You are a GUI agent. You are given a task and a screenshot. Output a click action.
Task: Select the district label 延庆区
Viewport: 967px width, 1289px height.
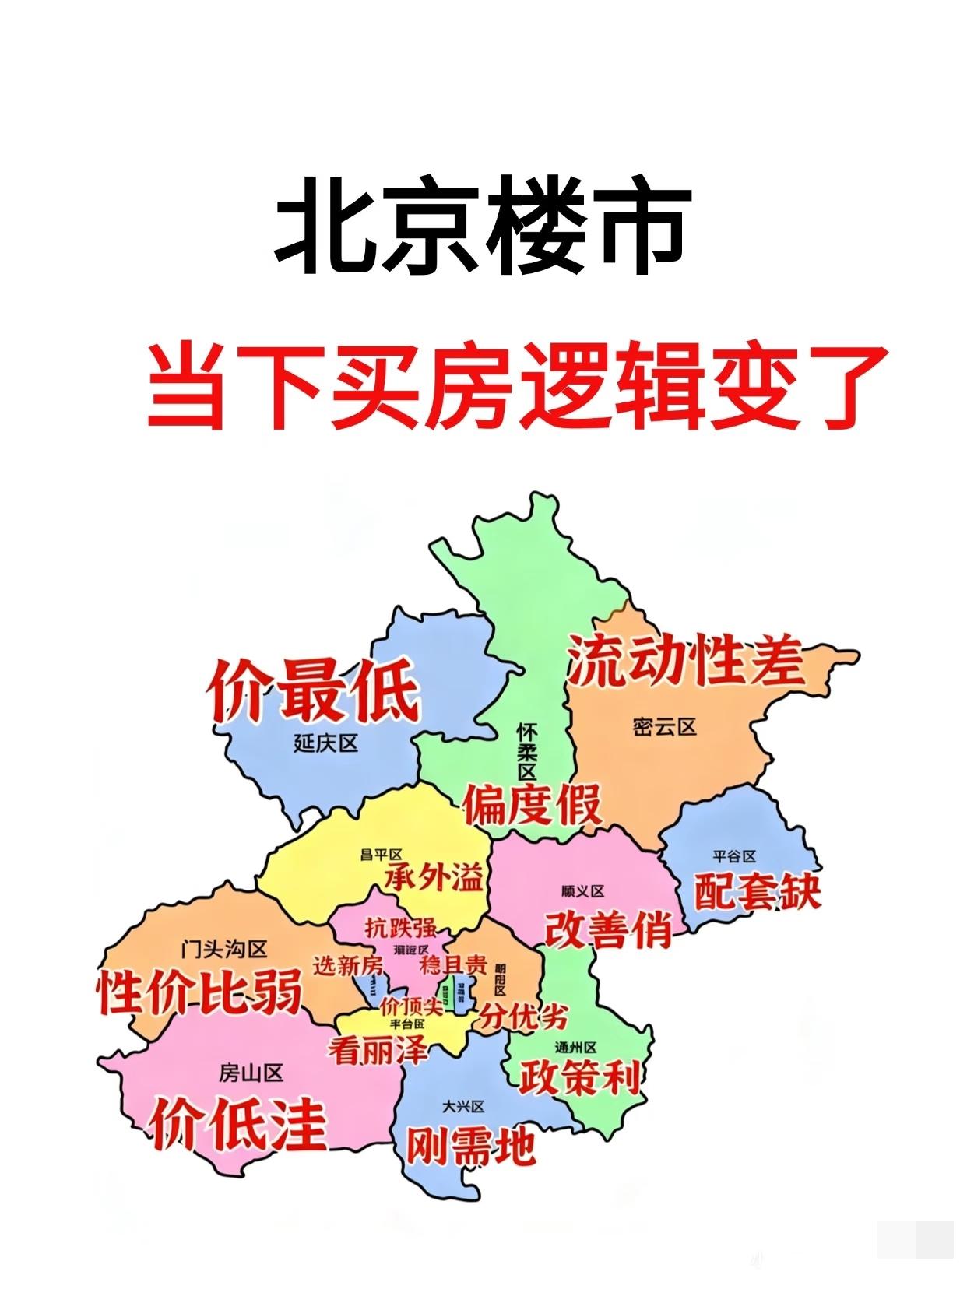point(326,743)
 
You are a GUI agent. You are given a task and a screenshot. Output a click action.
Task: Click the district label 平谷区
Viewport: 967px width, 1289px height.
point(734,856)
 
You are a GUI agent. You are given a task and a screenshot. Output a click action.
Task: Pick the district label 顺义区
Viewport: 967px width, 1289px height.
point(582,891)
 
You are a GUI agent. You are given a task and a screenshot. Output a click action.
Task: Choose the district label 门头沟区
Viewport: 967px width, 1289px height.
point(223,949)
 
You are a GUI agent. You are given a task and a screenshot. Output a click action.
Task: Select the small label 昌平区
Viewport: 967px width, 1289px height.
point(380,855)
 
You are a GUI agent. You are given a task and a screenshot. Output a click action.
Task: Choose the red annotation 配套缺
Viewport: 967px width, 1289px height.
point(757,892)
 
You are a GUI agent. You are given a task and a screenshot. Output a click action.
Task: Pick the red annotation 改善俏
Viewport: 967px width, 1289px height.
point(608,929)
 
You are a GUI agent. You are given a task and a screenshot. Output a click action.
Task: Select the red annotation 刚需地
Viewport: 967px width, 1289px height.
point(471,1145)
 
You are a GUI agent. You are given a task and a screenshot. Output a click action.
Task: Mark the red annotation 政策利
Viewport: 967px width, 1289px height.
point(580,1078)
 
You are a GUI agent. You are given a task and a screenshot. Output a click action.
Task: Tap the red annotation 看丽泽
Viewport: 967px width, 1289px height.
point(378,1052)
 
